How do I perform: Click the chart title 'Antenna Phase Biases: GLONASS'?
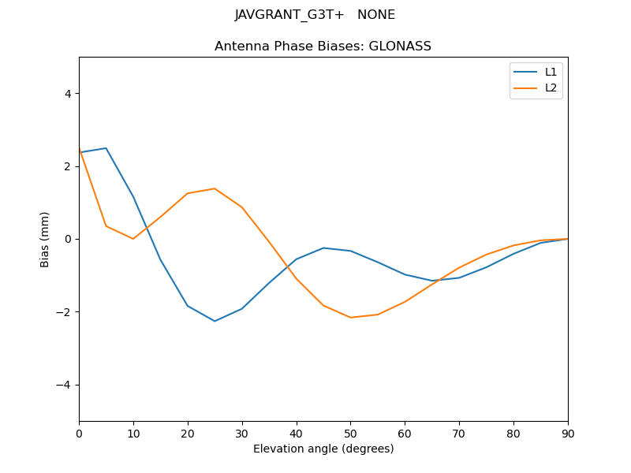(323, 47)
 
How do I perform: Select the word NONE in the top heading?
(376, 15)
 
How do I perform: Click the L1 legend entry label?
(551, 72)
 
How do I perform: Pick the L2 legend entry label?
(551, 88)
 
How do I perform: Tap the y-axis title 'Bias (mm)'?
(46, 239)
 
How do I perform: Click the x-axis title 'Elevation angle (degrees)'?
(323, 449)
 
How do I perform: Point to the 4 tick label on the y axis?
(68, 94)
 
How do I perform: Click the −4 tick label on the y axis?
(65, 385)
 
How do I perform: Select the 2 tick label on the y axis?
(68, 166)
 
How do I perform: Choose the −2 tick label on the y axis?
(65, 312)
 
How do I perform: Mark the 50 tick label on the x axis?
(350, 433)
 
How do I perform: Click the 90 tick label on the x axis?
(567, 433)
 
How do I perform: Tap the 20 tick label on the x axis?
(188, 433)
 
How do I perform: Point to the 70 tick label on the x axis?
(459, 433)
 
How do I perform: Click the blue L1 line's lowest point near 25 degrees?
(215, 321)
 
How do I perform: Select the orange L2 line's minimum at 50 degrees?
(350, 318)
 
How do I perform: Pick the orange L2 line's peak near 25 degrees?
(215, 188)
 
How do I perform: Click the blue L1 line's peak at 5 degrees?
(106, 148)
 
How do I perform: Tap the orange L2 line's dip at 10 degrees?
(133, 239)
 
